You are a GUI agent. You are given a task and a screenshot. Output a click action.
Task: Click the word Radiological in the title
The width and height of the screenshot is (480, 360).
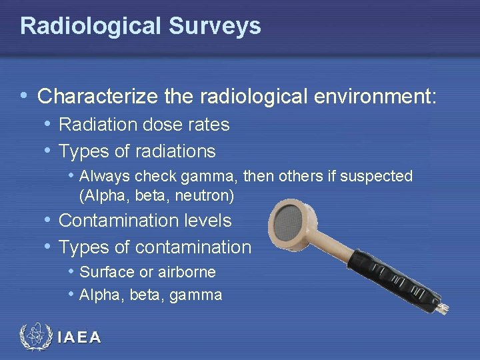point(89,26)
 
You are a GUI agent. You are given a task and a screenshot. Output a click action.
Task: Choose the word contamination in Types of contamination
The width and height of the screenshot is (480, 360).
point(193,247)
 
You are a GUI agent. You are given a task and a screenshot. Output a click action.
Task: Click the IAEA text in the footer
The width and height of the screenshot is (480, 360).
point(79,338)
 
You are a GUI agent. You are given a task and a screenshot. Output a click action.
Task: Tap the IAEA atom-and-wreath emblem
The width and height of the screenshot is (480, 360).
point(37,337)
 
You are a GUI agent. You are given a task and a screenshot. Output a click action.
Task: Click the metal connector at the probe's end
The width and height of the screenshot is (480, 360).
point(442,308)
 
